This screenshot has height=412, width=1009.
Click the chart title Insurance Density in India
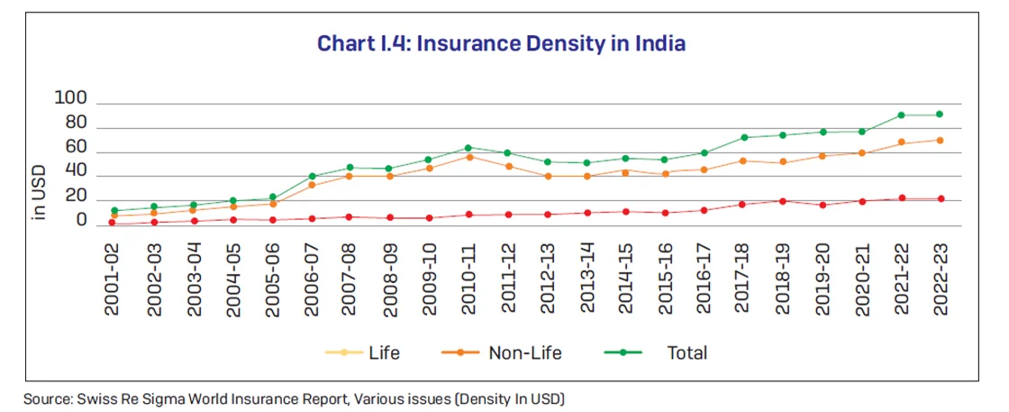point(502,42)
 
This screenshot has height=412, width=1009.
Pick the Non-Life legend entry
point(524,353)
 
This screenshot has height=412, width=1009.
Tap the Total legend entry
point(686,353)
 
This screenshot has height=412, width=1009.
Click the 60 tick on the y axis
point(76,147)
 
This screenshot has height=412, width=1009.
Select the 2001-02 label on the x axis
point(113,279)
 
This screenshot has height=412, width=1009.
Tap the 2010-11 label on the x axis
point(468,279)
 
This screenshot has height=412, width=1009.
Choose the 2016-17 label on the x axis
point(704,279)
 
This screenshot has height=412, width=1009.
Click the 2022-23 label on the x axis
point(941,279)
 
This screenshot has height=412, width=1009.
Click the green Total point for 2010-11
point(468,148)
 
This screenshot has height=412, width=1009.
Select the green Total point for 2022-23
point(941,114)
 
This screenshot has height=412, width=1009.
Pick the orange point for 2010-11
point(468,157)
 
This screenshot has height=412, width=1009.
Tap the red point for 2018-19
point(783,201)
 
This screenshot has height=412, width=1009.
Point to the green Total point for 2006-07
point(311,177)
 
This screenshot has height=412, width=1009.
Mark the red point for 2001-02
point(113,223)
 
